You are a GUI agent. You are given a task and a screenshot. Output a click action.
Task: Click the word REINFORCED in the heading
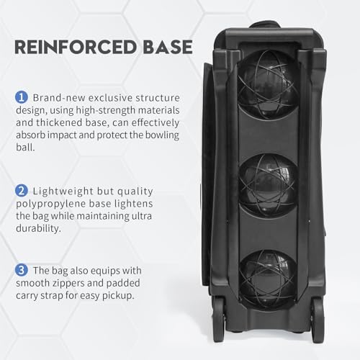coord(75,47)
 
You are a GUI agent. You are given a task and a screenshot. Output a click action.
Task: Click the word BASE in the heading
coord(168,47)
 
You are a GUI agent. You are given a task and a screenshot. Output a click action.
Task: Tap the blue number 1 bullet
coord(22,97)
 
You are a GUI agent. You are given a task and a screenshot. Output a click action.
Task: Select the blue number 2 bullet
coord(22,191)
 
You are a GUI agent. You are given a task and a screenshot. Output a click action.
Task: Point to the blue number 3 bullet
coord(22,270)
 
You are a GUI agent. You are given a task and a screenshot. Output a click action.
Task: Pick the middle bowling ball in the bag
coord(269,184)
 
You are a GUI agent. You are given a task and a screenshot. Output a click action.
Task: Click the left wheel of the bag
coord(220,316)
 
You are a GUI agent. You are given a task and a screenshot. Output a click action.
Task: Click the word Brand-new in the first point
coord(59,98)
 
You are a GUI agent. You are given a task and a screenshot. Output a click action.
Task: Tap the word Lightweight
coord(63,192)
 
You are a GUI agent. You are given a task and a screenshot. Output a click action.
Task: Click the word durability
coord(38,228)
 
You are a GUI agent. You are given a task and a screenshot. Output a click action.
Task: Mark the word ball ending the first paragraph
coord(25,147)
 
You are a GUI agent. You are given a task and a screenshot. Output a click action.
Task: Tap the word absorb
coord(30,135)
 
